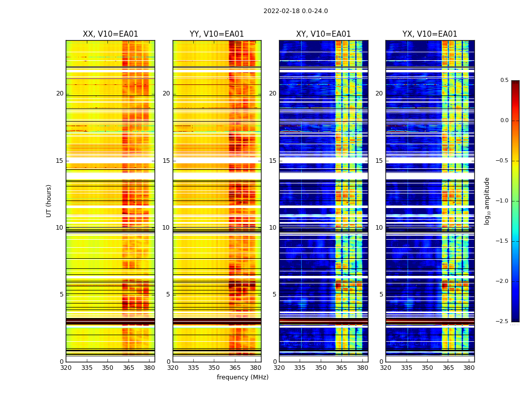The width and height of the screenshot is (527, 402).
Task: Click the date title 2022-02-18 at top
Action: [295, 11]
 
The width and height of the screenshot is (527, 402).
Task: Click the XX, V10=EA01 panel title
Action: [110, 34]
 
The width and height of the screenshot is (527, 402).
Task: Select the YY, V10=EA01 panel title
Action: [217, 34]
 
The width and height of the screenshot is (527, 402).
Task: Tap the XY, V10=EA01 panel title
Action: [323, 34]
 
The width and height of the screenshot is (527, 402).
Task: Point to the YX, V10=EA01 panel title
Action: [430, 34]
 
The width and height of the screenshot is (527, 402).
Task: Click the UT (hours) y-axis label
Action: [49, 200]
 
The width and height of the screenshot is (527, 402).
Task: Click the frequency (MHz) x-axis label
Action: [242, 377]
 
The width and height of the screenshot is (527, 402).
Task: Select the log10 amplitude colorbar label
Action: [487, 200]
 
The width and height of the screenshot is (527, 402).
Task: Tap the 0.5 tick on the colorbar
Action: [504, 80]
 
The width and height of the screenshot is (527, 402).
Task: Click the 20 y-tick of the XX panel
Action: [60, 93]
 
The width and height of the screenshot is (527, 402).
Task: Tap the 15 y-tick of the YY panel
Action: [166, 161]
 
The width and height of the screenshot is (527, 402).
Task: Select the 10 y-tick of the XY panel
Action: [273, 228]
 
